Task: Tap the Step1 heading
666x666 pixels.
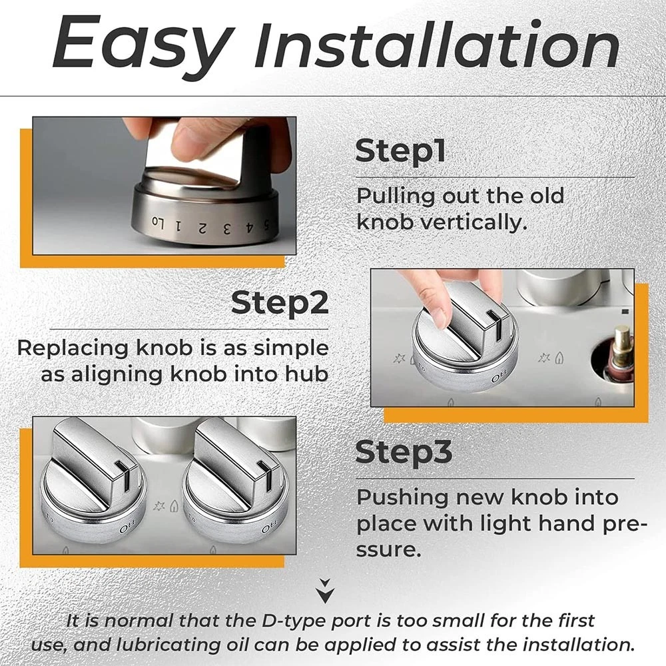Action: coord(400,151)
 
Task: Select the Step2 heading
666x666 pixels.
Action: coord(280,302)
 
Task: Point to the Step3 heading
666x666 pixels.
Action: coord(404,452)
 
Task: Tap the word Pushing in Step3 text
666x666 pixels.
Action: coord(402,498)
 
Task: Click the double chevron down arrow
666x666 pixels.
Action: coord(326,590)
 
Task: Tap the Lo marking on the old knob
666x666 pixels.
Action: coord(159,222)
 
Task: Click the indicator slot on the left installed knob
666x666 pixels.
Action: coord(126,475)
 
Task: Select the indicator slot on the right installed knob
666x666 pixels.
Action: coord(268,475)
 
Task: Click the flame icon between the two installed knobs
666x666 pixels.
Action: coord(174,506)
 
